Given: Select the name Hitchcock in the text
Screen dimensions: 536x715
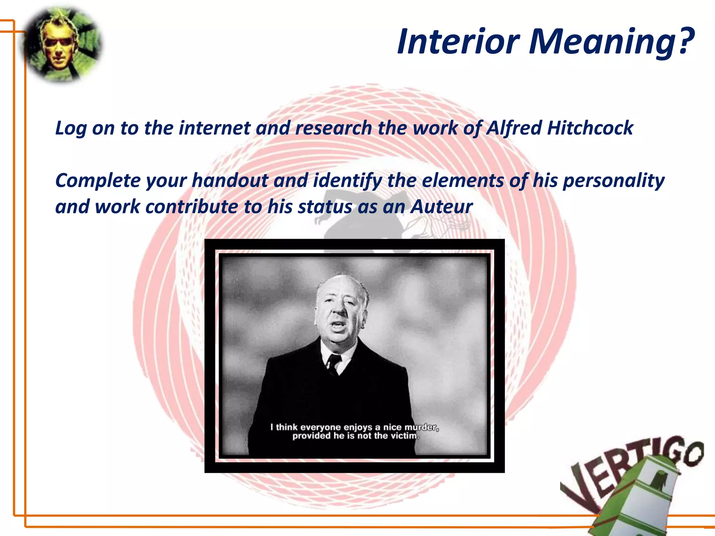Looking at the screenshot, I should (x=590, y=128).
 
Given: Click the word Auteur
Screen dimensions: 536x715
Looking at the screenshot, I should (x=441, y=207).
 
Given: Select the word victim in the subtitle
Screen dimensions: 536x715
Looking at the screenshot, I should (x=405, y=436).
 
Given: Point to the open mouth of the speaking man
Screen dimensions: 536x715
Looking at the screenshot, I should (x=338, y=327).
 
